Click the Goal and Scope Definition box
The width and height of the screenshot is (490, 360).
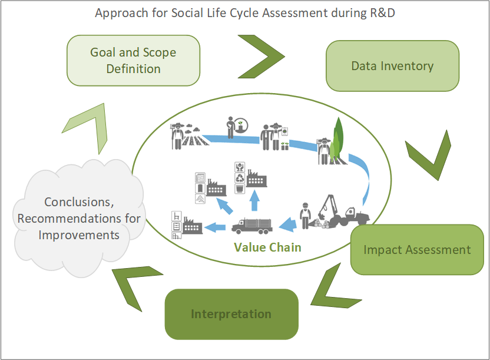[133, 60]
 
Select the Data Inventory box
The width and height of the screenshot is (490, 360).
[392, 65]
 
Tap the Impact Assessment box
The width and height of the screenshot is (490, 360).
[417, 249]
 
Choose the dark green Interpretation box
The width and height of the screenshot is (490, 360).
[231, 313]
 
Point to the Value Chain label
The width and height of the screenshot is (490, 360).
[267, 247]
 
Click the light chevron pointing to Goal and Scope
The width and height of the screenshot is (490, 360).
[88, 124]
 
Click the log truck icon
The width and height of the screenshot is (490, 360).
[252, 225]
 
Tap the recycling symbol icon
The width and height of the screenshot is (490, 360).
[240, 177]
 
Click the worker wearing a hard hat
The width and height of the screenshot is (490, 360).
[304, 215]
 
